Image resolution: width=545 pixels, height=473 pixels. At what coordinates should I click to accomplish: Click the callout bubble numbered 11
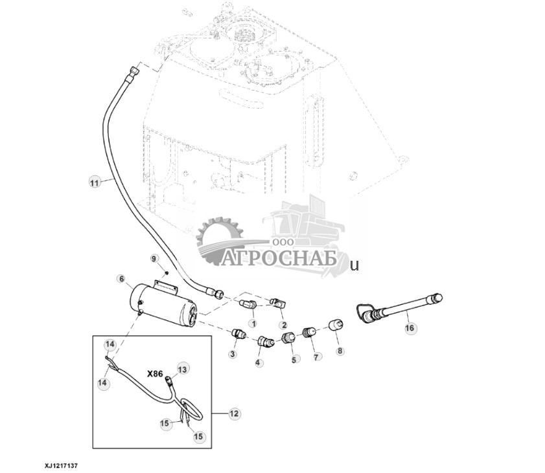pyautogui.click(x=95, y=182)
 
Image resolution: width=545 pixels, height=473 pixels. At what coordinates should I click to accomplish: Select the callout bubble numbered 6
pyautogui.click(x=121, y=279)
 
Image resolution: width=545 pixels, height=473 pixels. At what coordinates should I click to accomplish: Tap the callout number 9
pyautogui.click(x=154, y=259)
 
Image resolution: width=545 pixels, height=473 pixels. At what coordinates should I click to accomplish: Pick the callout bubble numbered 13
pyautogui.click(x=182, y=369)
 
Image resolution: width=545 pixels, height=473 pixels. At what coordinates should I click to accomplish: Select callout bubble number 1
pyautogui.click(x=253, y=322)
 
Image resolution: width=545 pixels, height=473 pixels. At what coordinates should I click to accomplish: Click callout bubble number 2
pyautogui.click(x=283, y=324)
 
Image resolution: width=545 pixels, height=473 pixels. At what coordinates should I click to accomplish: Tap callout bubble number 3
pyautogui.click(x=233, y=354)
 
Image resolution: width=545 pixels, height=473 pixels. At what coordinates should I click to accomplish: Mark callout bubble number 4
pyautogui.click(x=259, y=362)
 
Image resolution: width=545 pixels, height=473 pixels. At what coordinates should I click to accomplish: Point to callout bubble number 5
pyautogui.click(x=295, y=358)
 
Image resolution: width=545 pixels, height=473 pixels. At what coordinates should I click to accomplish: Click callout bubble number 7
pyautogui.click(x=317, y=357)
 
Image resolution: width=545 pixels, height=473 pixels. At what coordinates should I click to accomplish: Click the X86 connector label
pyautogui.click(x=156, y=374)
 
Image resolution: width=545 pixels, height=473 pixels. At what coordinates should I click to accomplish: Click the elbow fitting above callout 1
pyautogui.click(x=248, y=304)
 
